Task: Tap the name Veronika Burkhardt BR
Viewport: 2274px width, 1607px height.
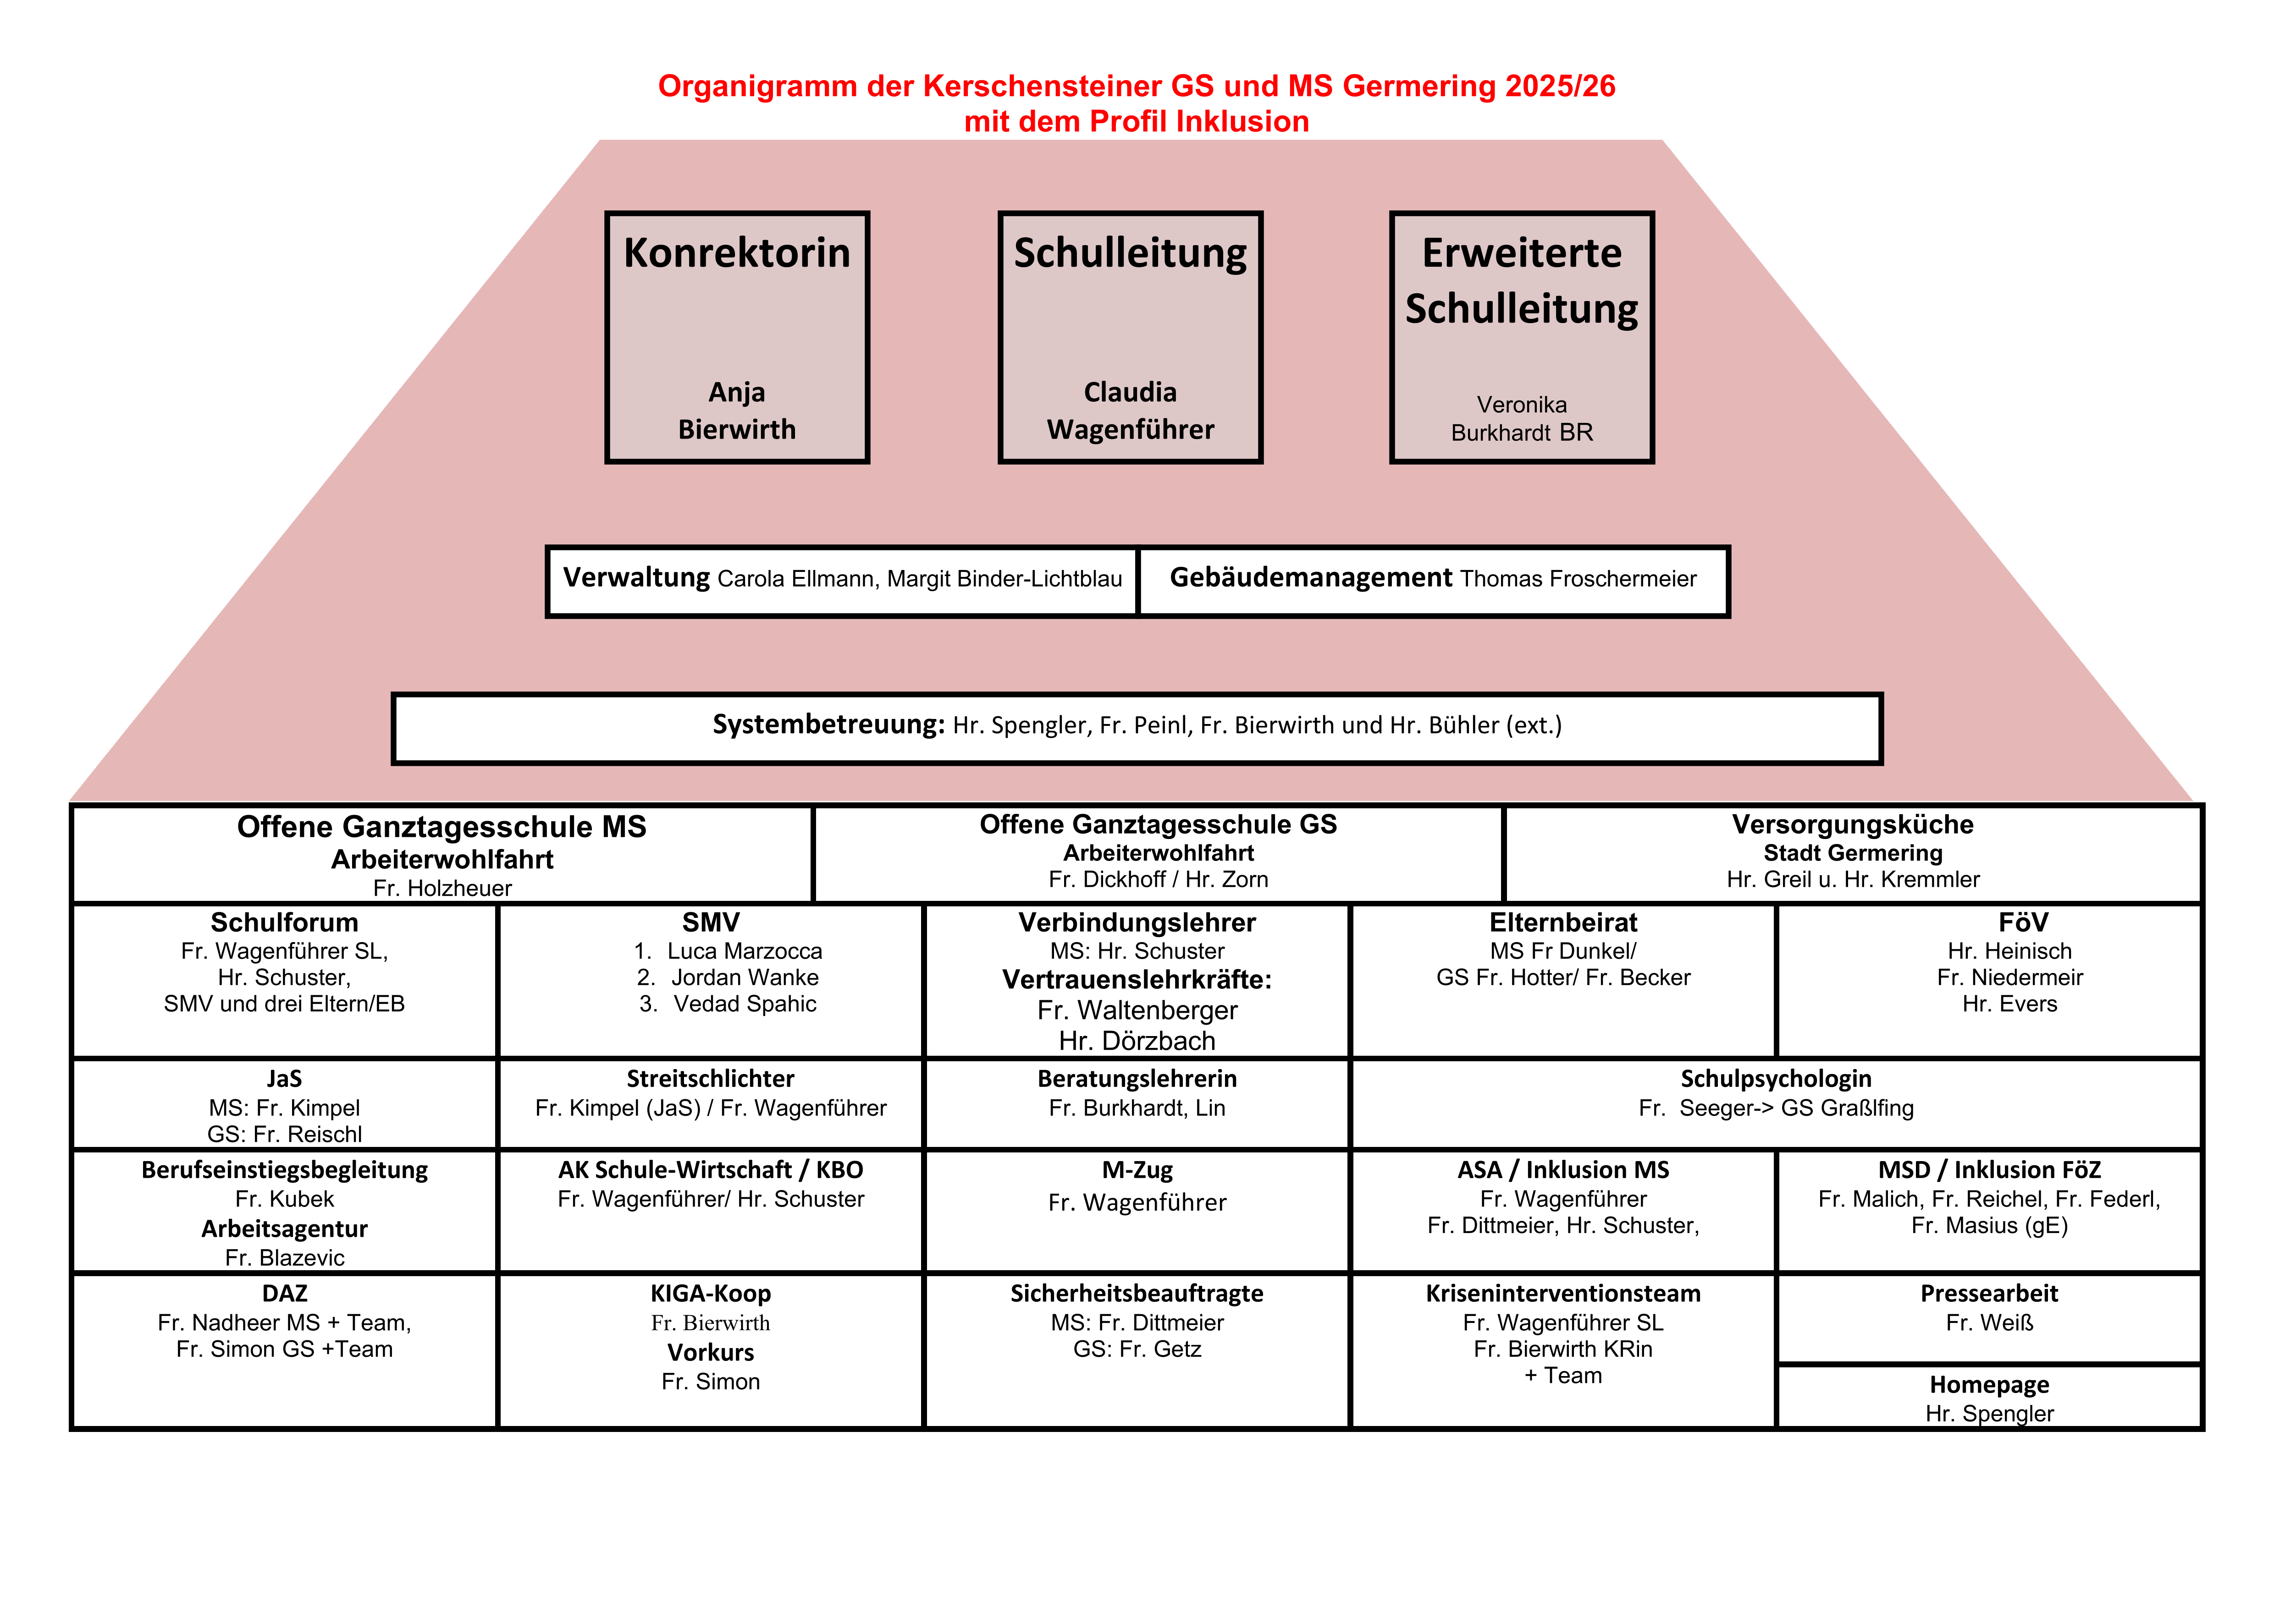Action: pyautogui.click(x=1521, y=419)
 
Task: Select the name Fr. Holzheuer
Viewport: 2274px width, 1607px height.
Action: pyautogui.click(x=442, y=888)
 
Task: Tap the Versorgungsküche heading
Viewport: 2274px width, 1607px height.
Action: pyautogui.click(x=1852, y=825)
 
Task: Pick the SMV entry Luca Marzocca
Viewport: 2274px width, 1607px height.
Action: pyautogui.click(x=744, y=952)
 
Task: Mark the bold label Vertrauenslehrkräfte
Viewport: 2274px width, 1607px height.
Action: pyautogui.click(x=1136, y=980)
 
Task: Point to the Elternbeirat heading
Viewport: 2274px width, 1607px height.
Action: pyautogui.click(x=1563, y=923)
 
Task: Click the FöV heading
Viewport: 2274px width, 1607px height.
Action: pyautogui.click(x=2022, y=923)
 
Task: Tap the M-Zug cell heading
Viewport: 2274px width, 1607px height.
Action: pyautogui.click(x=1137, y=1170)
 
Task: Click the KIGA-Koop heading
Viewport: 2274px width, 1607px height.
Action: pyautogui.click(x=710, y=1294)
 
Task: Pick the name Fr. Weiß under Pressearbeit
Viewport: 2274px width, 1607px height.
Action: pyautogui.click(x=1989, y=1323)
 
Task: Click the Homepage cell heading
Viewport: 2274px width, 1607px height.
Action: pyautogui.click(x=1989, y=1385)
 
